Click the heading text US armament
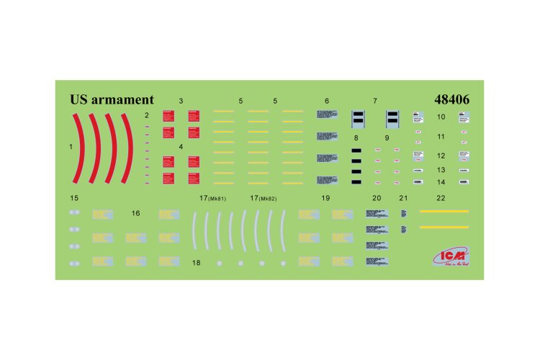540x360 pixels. [x=112, y=100]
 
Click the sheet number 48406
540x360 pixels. [x=452, y=100]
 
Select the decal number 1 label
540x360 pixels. [x=71, y=146]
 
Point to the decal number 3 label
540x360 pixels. [x=181, y=102]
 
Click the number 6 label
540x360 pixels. [x=327, y=102]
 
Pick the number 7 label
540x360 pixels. [x=374, y=102]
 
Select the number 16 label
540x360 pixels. [x=136, y=214]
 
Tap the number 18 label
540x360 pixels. [x=196, y=264]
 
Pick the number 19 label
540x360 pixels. [x=325, y=197]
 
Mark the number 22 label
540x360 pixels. [x=441, y=197]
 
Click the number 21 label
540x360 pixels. [x=403, y=197]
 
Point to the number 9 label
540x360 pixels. [x=387, y=137]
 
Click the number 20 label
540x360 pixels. [x=376, y=197]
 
